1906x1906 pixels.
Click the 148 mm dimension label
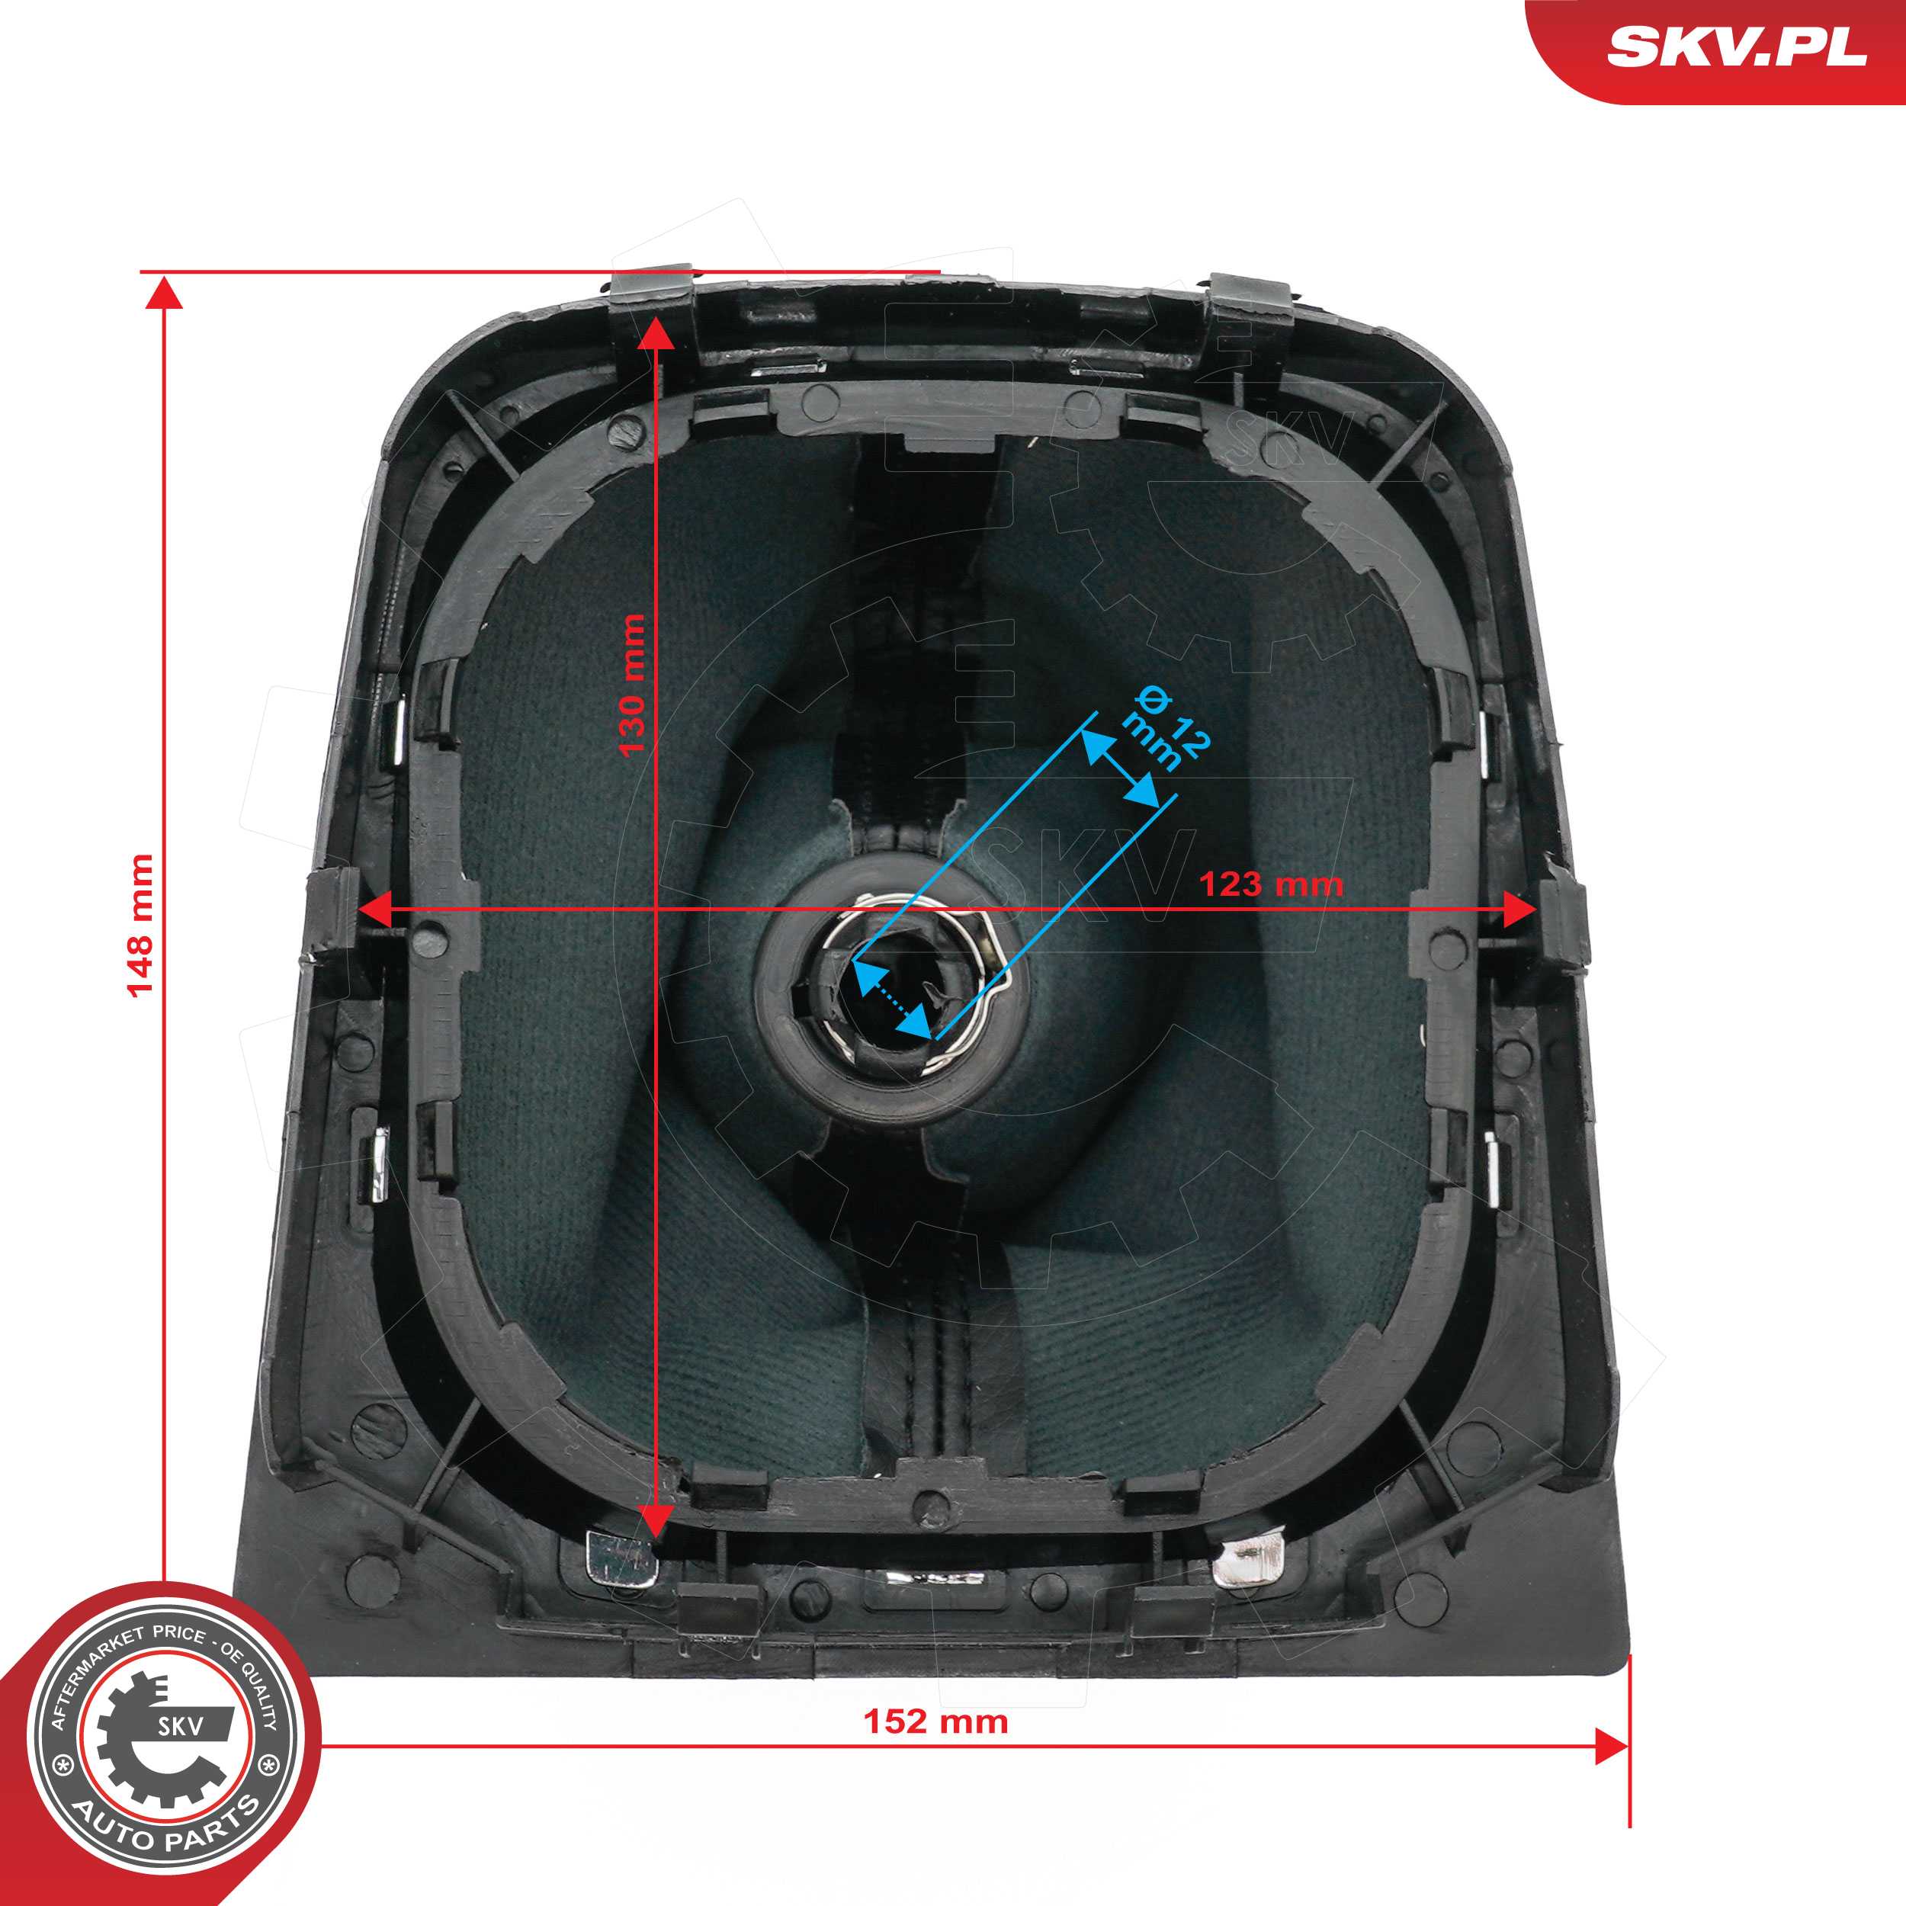[x=141, y=926]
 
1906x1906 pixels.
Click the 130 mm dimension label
[x=631, y=685]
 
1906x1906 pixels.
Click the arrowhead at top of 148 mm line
[x=164, y=293]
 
